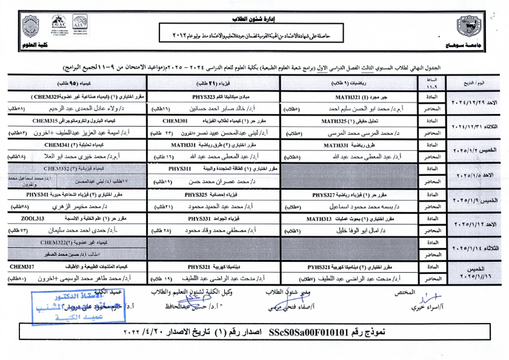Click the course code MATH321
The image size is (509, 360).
point(350,96)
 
